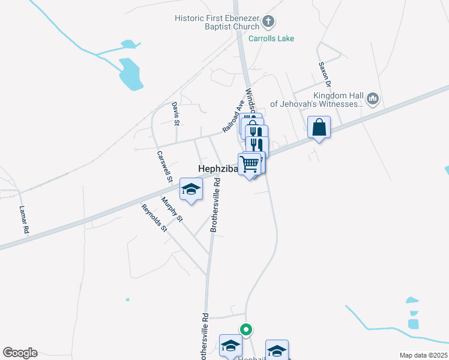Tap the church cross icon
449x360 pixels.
click(x=268, y=22)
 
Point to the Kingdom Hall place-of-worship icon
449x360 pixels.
click(x=372, y=98)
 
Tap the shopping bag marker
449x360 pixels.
click(x=319, y=128)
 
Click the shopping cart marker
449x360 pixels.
click(x=250, y=163)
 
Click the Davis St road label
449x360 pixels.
click(x=176, y=113)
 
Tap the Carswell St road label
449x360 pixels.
click(x=164, y=166)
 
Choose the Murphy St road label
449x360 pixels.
click(x=172, y=209)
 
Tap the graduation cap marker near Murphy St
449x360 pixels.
click(x=191, y=191)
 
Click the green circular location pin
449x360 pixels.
click(x=246, y=329)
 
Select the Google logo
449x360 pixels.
click(x=20, y=353)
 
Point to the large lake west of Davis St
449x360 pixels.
click(x=130, y=74)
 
